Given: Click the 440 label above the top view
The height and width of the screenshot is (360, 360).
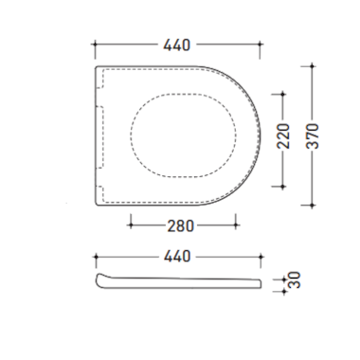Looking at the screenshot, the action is click(x=177, y=45).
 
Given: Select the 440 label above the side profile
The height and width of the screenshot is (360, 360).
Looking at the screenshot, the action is click(x=177, y=256).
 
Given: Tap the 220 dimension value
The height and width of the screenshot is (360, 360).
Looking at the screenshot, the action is click(x=283, y=136).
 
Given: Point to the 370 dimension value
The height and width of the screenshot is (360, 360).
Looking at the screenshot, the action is click(x=313, y=136).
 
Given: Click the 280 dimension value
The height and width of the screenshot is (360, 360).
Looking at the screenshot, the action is click(x=180, y=226).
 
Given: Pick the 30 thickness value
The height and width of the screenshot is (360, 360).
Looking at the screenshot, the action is click(x=295, y=279).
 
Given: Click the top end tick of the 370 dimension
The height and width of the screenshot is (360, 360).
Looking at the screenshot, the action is click(x=313, y=66).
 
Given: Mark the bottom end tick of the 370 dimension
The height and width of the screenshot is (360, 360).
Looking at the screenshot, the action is click(x=313, y=206).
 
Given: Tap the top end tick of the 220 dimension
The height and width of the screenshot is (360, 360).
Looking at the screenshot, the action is click(x=283, y=94).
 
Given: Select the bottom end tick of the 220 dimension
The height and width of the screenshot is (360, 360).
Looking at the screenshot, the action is click(x=283, y=187).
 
